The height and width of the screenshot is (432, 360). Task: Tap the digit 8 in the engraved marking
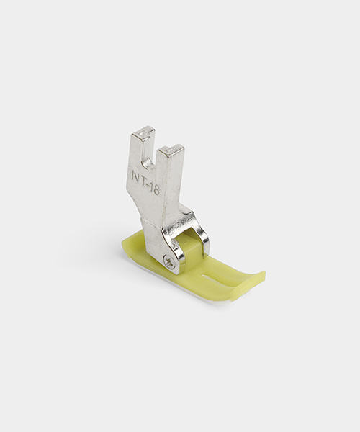156,190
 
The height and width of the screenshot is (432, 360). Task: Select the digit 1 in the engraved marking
150,187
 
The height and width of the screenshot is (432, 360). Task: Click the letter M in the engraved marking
135,176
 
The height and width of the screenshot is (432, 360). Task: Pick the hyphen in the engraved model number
148,185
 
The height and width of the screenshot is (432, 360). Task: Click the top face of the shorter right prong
171,149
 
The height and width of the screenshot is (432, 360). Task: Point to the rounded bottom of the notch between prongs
148,164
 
